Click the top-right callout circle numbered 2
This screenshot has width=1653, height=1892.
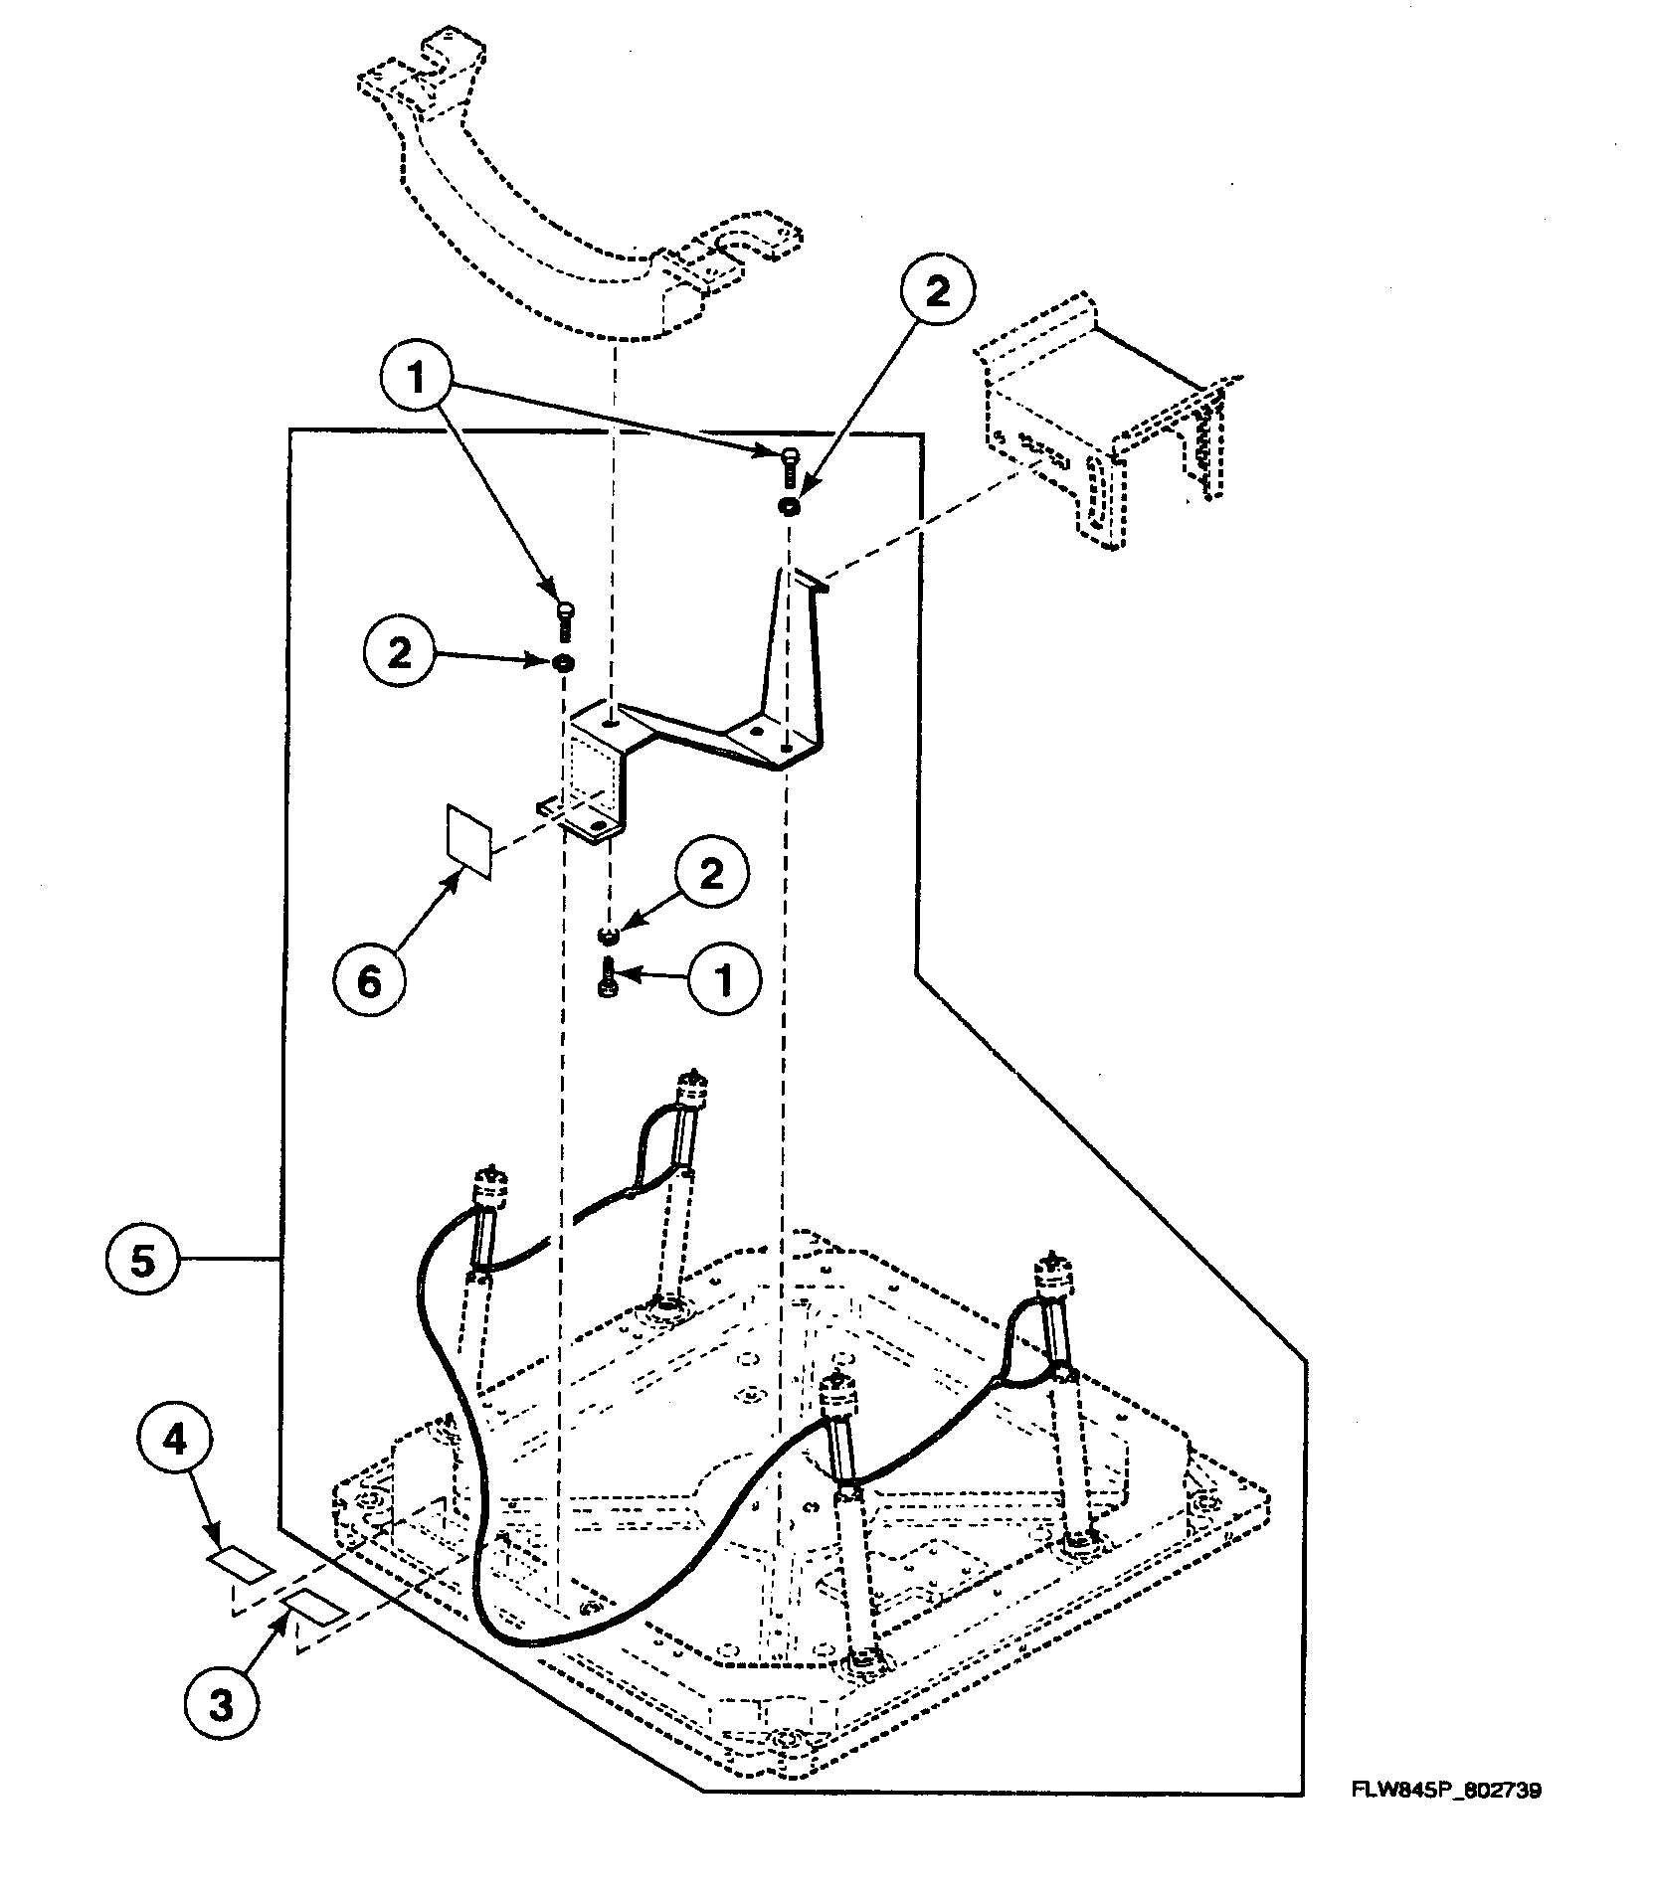click(x=937, y=291)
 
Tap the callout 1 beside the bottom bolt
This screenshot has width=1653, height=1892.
click(x=725, y=980)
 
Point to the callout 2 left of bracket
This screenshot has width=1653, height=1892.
click(x=400, y=653)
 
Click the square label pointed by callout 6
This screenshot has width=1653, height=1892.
click(x=468, y=841)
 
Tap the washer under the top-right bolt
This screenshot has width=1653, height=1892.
click(x=789, y=506)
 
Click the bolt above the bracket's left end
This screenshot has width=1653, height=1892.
click(x=565, y=620)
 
